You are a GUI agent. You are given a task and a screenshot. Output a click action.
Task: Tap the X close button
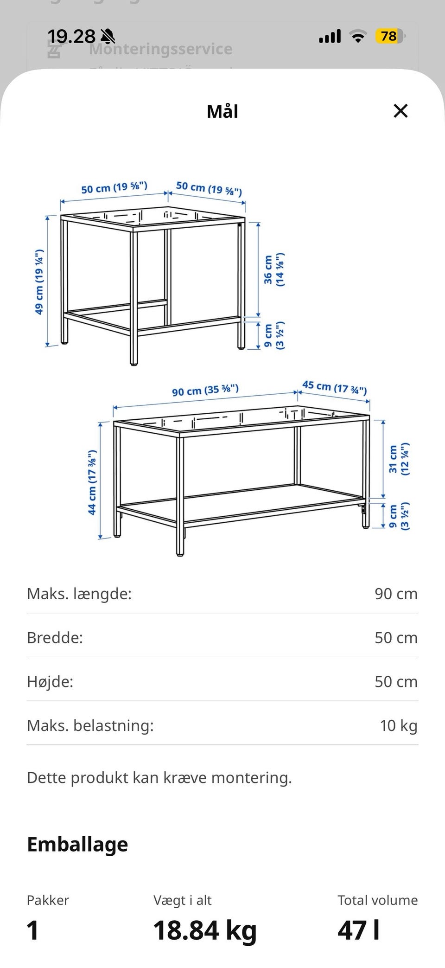400,111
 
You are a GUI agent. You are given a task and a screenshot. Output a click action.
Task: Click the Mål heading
222,111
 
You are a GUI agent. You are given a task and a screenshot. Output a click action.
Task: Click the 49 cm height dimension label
39,282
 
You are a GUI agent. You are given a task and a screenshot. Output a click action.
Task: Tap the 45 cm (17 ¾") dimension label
335,387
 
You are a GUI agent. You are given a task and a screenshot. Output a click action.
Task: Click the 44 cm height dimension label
92,482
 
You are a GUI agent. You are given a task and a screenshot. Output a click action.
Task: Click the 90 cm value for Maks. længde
396,594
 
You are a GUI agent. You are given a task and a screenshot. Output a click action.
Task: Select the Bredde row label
55,638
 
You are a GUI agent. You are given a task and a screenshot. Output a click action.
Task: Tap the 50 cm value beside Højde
396,681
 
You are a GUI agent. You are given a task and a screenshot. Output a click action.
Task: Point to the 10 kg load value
399,725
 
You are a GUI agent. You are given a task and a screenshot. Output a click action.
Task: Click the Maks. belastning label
90,725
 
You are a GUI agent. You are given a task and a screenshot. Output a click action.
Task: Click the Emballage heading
77,845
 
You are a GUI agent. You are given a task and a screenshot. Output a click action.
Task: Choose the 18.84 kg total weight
205,930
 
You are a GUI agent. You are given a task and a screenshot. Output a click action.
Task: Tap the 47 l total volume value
359,930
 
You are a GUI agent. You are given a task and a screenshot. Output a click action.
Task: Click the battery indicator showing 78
390,36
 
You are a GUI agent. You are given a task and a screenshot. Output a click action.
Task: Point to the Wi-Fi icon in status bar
357,36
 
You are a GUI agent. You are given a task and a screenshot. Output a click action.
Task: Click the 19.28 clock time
71,36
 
